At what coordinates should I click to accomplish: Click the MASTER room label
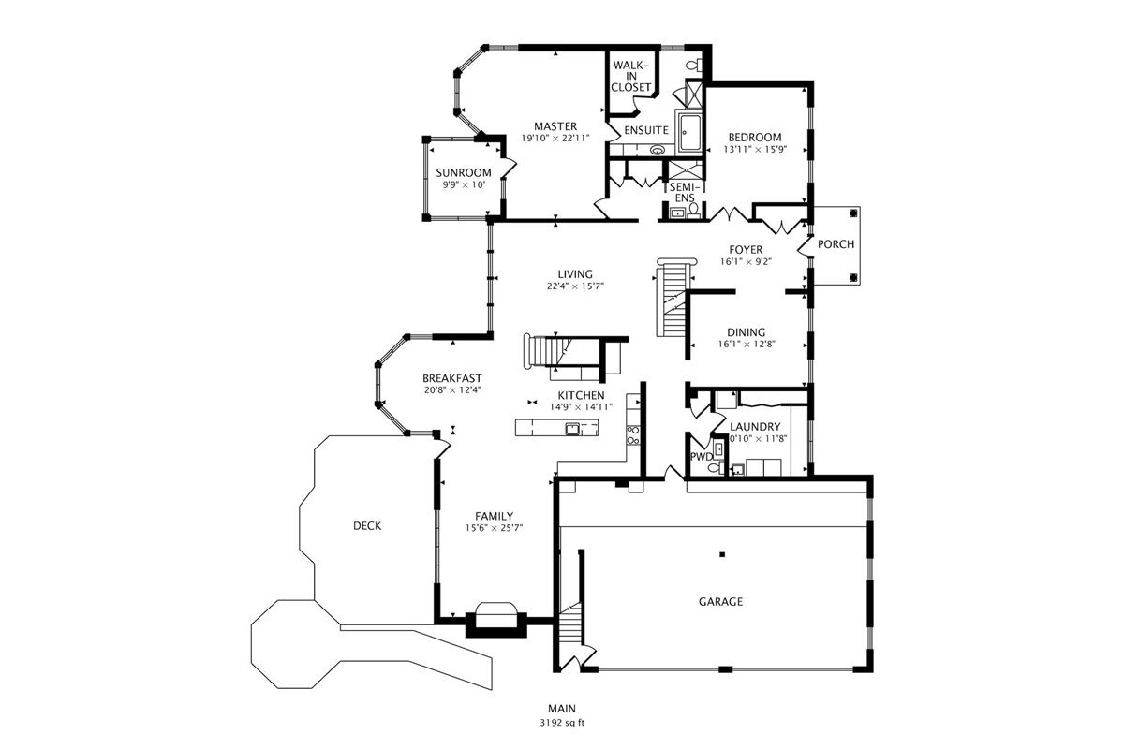tap(555, 126)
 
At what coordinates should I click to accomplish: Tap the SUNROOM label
tap(463, 172)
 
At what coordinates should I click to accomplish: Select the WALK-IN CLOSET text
tap(631, 76)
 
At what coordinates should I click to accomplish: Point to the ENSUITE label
tap(646, 129)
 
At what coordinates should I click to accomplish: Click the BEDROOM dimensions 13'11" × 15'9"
tap(754, 149)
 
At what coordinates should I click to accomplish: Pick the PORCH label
tap(836, 244)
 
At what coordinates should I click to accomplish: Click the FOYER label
tap(747, 249)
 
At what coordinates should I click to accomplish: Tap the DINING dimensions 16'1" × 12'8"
tap(746, 345)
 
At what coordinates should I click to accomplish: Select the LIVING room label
tap(575, 273)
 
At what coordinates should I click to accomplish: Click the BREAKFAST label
tap(451, 378)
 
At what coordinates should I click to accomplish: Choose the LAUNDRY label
tap(755, 427)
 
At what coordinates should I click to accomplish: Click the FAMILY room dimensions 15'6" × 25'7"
tap(494, 528)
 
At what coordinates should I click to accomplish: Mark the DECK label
tap(367, 526)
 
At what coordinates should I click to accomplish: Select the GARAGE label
tap(720, 602)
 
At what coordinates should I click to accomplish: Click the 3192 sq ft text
tap(562, 723)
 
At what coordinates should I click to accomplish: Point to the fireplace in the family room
tap(495, 618)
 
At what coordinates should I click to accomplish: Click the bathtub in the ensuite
tap(694, 132)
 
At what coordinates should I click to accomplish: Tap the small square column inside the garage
tap(722, 554)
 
